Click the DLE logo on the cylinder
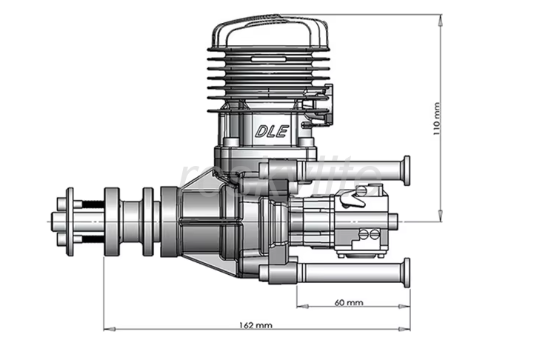tap(272, 132)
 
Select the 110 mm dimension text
tap(436, 119)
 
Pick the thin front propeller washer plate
tap(70, 220)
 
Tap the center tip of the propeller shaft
tap(53, 220)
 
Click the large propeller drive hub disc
tap(112, 220)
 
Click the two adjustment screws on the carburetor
tap(368, 236)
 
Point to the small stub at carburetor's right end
tap(393, 220)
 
